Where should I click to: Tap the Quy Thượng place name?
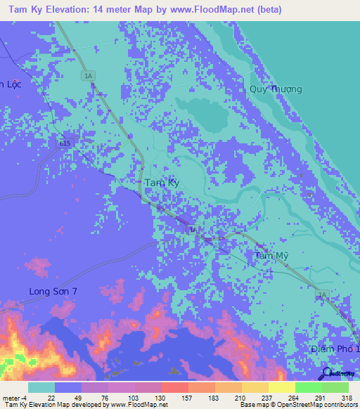[276, 89]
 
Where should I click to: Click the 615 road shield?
[65, 143]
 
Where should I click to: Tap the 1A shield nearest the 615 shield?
[88, 75]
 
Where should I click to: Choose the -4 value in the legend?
[24, 398]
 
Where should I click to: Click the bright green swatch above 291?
[308, 387]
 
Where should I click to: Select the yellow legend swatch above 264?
[281, 387]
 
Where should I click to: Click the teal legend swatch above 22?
[41, 387]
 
